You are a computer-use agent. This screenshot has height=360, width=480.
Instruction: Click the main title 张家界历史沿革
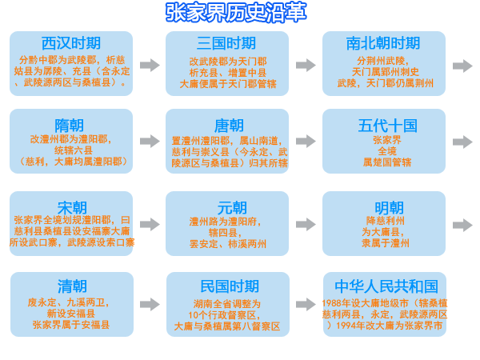[x=236, y=13]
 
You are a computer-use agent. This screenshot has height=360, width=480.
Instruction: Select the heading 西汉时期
[x=71, y=43]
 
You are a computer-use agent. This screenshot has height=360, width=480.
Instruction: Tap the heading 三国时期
[x=226, y=43]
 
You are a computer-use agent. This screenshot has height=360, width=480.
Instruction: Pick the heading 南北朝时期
[x=383, y=43]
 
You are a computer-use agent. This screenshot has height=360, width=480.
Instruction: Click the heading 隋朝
[x=71, y=125]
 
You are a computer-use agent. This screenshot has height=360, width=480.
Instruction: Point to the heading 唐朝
[x=228, y=125]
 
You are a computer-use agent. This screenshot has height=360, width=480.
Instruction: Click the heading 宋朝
[x=71, y=208]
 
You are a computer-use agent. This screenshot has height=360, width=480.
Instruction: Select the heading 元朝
[x=228, y=208]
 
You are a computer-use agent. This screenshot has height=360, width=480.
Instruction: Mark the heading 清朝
[x=71, y=286]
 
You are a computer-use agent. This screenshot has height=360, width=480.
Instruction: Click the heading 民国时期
[x=229, y=286]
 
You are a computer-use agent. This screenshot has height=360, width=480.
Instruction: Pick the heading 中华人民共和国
[x=386, y=286]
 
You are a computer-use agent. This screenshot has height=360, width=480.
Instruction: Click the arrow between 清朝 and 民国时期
[x=150, y=304]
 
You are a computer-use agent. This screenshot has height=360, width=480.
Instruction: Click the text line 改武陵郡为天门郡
[x=228, y=61]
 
